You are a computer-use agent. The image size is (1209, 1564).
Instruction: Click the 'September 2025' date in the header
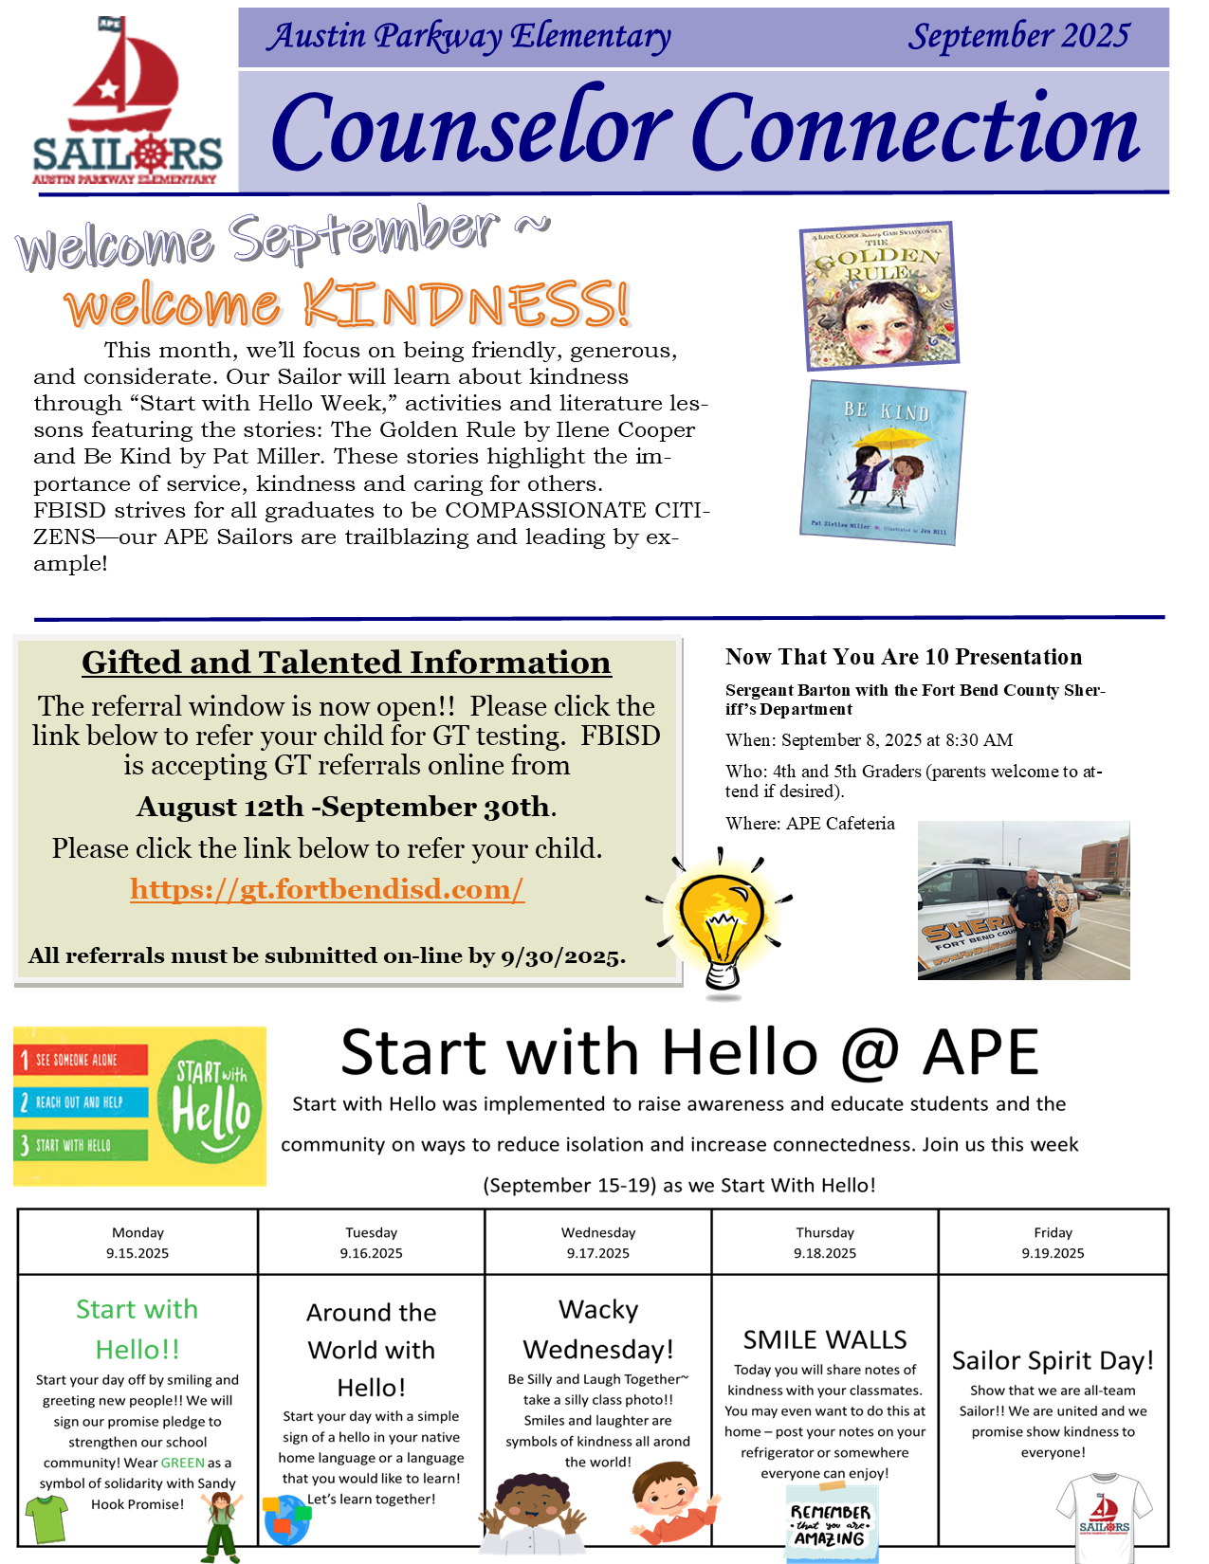click(x=1018, y=36)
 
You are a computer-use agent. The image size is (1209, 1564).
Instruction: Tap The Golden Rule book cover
click(x=879, y=295)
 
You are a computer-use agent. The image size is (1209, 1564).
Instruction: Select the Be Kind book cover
click(x=883, y=463)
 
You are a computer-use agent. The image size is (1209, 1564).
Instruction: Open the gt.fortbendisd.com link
click(x=327, y=889)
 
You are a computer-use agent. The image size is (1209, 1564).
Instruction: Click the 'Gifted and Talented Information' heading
click(x=346, y=663)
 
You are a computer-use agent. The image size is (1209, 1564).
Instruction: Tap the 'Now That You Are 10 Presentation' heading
click(x=903, y=657)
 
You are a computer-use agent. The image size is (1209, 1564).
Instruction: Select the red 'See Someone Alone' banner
click(x=82, y=1060)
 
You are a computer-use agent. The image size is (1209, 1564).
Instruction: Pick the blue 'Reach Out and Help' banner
click(x=82, y=1102)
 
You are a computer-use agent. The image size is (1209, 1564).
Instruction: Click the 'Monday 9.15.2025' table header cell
click(x=137, y=1243)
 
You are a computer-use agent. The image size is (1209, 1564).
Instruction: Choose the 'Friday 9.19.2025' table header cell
click(x=1053, y=1243)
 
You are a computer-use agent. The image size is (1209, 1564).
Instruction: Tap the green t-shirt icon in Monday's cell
click(x=46, y=1518)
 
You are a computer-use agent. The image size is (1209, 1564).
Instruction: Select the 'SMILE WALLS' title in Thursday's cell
click(x=825, y=1339)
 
